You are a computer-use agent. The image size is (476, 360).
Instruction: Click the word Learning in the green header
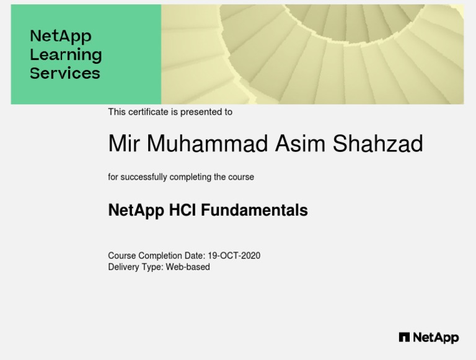click(66, 55)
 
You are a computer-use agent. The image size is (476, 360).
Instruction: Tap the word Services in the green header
click(64, 73)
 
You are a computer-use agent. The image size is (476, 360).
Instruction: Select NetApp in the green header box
click(60, 36)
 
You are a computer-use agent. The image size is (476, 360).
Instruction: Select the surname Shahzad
click(377, 144)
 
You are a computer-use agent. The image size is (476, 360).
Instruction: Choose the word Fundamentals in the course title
click(254, 211)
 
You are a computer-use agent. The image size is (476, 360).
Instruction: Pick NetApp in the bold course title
click(136, 211)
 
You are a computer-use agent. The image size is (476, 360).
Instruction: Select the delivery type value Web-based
click(188, 267)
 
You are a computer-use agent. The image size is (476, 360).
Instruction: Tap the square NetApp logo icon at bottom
click(404, 338)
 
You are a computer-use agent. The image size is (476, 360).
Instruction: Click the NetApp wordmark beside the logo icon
click(436, 338)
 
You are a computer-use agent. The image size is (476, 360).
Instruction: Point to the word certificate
click(148, 112)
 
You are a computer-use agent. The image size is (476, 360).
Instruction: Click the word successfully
click(143, 177)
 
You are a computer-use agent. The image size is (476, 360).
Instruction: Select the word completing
click(190, 177)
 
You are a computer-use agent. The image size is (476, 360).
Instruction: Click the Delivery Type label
click(135, 267)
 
